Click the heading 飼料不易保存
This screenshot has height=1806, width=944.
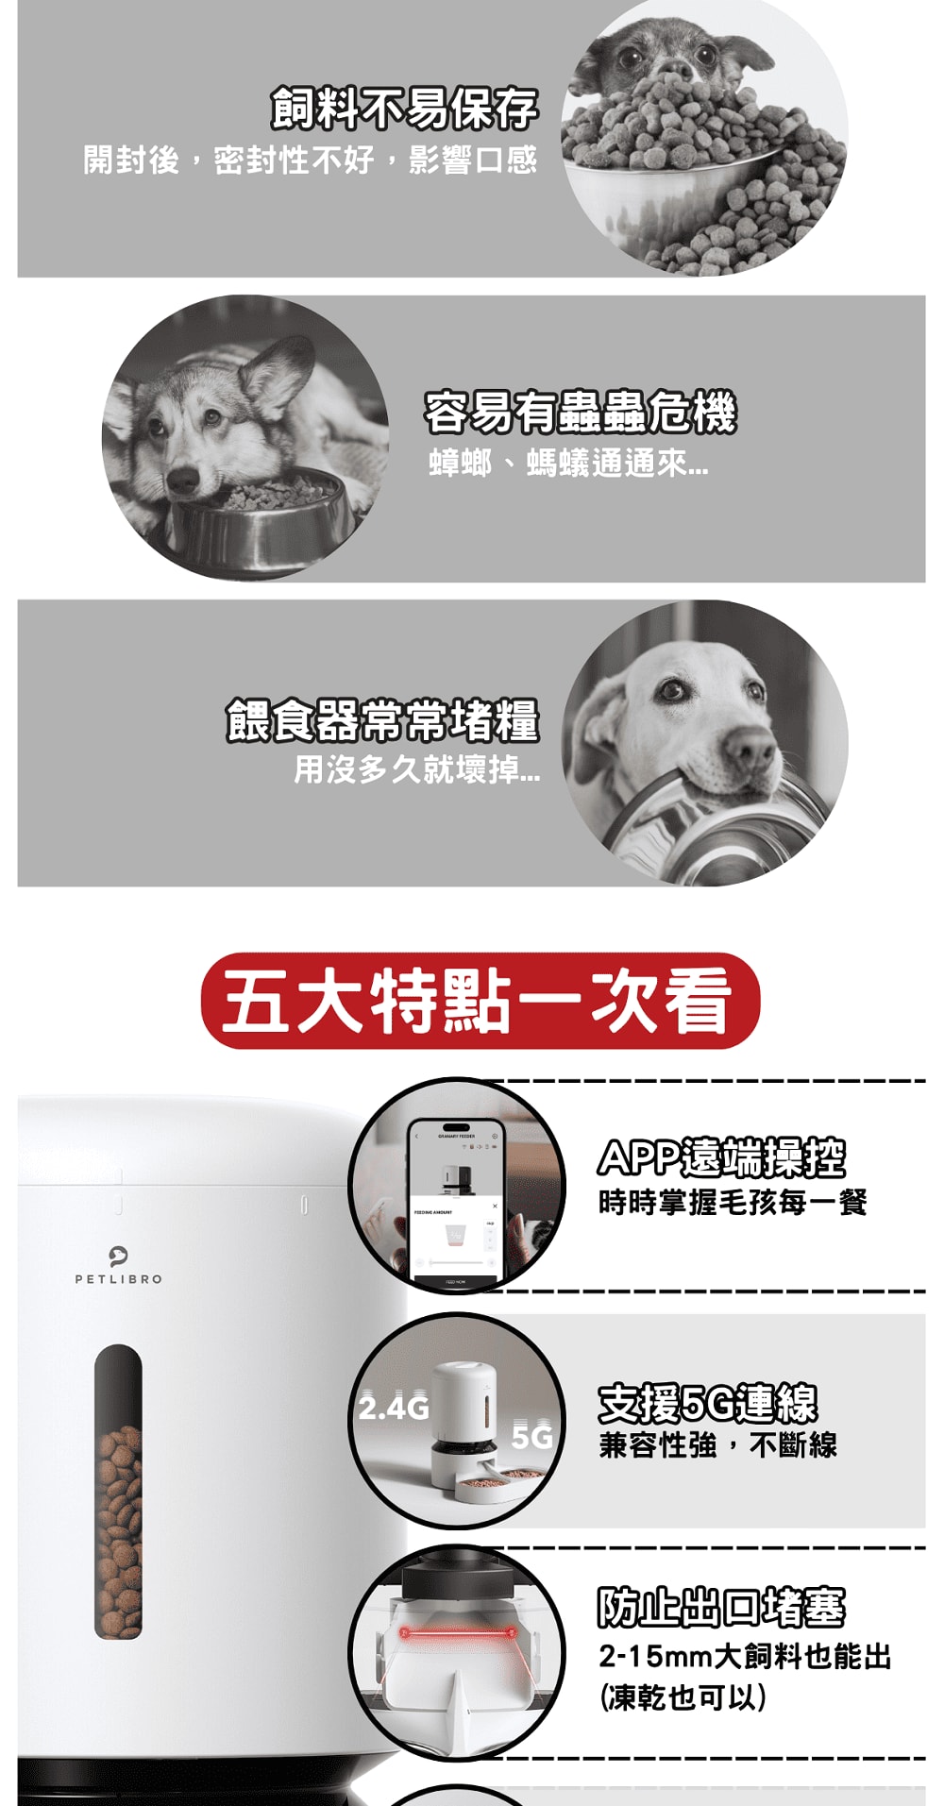[404, 109]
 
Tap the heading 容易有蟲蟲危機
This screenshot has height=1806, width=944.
[580, 413]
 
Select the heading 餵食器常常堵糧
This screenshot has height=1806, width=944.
[382, 721]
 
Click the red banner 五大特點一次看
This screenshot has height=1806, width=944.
[480, 1001]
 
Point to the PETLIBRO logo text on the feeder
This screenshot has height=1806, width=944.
[119, 1279]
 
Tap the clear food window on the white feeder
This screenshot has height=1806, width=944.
[119, 1492]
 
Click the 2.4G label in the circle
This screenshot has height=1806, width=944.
[393, 1409]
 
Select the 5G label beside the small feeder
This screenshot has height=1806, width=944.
[531, 1438]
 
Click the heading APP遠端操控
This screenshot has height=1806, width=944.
[722, 1158]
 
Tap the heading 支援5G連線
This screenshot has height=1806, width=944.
[708, 1403]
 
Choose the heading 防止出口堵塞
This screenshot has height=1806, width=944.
[722, 1608]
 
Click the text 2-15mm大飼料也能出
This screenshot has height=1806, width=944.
[745, 1656]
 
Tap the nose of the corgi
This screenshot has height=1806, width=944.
[183, 481]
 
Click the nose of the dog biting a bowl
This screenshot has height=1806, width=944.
[751, 751]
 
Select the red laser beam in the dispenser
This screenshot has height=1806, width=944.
[457, 1632]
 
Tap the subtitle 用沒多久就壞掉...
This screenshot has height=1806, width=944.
[416, 770]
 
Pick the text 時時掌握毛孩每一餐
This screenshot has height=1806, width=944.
[733, 1203]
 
